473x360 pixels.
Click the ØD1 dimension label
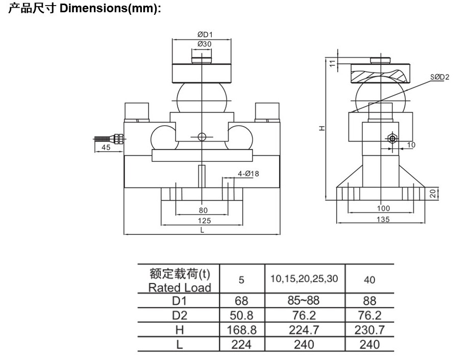[x=205, y=35]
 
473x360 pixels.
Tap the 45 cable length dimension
[x=106, y=147]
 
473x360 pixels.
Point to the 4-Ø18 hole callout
[x=248, y=174]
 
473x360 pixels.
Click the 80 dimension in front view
[x=203, y=210]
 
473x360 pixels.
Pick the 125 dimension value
[x=204, y=221]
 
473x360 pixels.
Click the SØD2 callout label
[x=439, y=77]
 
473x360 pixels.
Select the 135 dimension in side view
[x=383, y=219]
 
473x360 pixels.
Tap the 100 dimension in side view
[x=383, y=208]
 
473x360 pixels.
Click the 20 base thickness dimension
[x=433, y=194]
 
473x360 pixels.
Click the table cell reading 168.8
[x=241, y=330]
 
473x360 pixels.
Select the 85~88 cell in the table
[x=304, y=300]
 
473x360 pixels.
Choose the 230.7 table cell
[x=369, y=330]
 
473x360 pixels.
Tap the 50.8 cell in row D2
[x=241, y=315]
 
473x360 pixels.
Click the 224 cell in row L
[x=241, y=345]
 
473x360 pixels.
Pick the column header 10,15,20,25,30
[x=304, y=279]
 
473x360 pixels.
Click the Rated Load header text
[x=180, y=287]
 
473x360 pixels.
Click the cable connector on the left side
[x=119, y=138]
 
